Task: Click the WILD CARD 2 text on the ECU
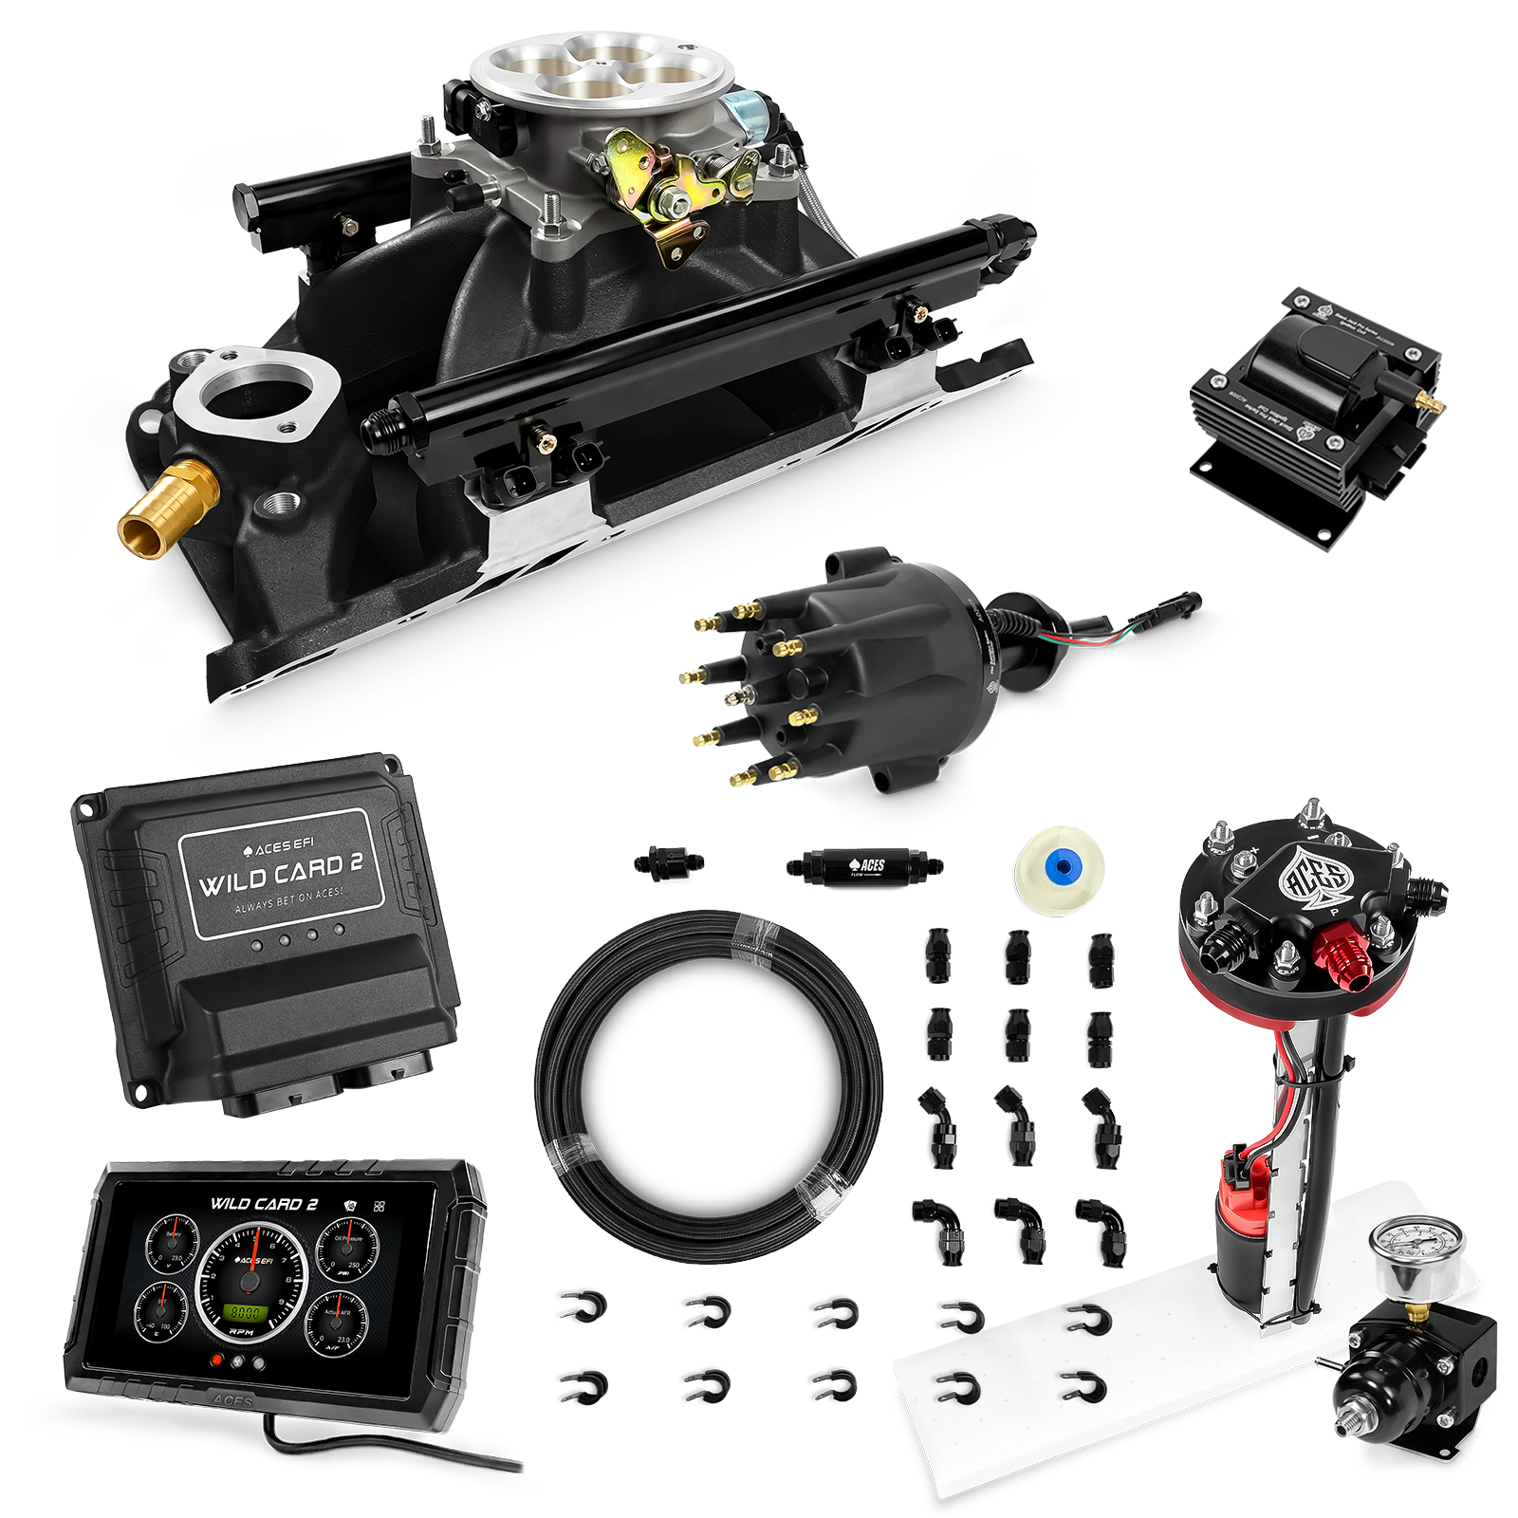[x=283, y=871]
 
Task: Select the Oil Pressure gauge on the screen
[x=346, y=1250]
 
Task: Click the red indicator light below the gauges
[x=219, y=1360]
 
